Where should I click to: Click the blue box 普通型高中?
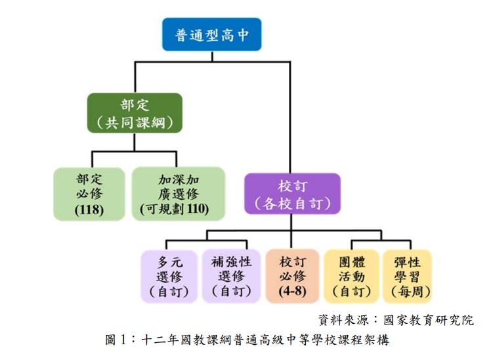click(x=213, y=35)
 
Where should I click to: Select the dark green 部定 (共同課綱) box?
click(x=135, y=113)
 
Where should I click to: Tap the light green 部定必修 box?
click(x=81, y=193)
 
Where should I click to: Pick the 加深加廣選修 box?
click(x=179, y=193)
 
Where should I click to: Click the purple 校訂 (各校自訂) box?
click(x=292, y=193)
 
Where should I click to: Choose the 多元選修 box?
click(x=169, y=276)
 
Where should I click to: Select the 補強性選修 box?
click(x=230, y=276)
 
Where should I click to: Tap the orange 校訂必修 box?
click(x=292, y=276)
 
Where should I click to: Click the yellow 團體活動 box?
click(x=352, y=276)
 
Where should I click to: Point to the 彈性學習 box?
click(x=410, y=276)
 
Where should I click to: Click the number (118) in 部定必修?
click(x=81, y=210)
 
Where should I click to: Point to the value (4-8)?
click(x=292, y=291)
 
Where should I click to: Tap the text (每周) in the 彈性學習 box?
click(x=410, y=291)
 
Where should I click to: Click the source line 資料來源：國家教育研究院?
click(x=396, y=320)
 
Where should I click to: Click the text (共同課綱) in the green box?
click(x=135, y=122)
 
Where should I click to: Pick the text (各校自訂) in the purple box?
click(x=292, y=203)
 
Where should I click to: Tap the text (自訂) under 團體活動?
click(x=352, y=291)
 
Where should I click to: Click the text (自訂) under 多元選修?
click(x=169, y=291)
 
